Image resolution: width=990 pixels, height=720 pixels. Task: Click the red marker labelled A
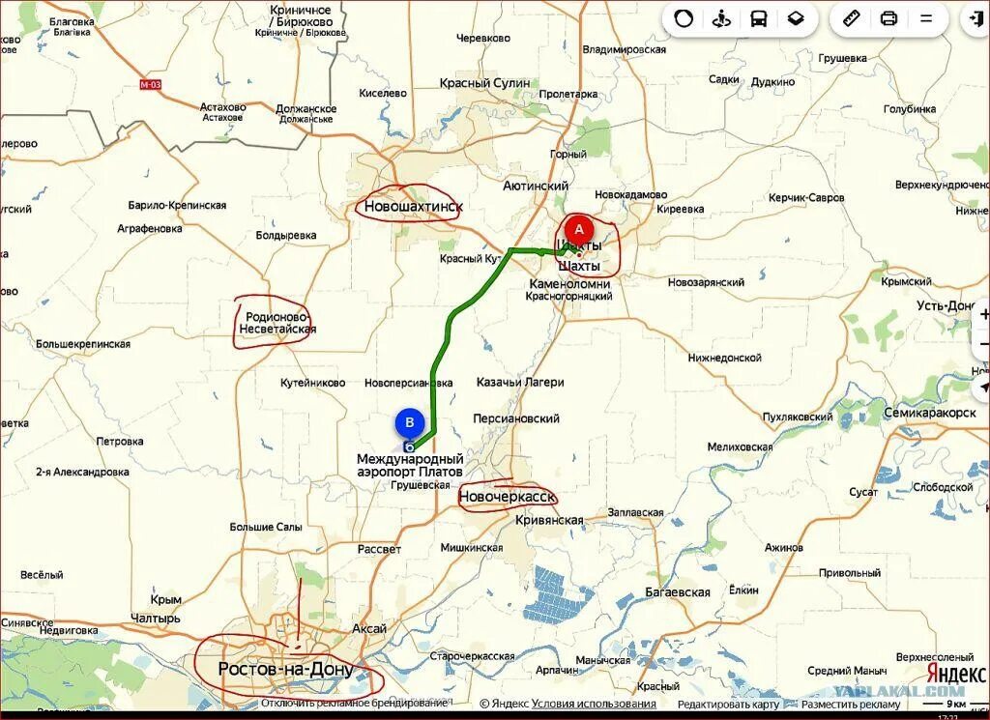579,230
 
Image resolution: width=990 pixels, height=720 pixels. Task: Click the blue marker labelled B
410,423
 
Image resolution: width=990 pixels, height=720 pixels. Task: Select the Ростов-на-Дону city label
285,669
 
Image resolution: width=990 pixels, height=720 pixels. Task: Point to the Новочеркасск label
508,496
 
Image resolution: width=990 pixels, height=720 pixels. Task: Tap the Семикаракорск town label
929,413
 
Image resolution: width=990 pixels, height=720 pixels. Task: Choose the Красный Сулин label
484,83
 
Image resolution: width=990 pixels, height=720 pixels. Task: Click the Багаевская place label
678,592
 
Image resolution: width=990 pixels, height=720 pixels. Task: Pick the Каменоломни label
569,284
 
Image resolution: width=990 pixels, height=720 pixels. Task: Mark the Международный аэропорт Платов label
410,465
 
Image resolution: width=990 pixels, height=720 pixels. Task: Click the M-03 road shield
150,84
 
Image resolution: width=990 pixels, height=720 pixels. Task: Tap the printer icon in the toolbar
888,18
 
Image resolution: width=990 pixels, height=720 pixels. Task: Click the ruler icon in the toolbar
852,18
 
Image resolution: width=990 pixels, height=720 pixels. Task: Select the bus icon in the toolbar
759,18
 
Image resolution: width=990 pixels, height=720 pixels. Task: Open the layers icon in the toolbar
796,18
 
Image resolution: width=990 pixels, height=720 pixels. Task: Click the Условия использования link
594,704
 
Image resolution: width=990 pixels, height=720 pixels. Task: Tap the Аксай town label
369,628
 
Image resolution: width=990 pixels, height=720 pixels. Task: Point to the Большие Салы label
265,527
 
